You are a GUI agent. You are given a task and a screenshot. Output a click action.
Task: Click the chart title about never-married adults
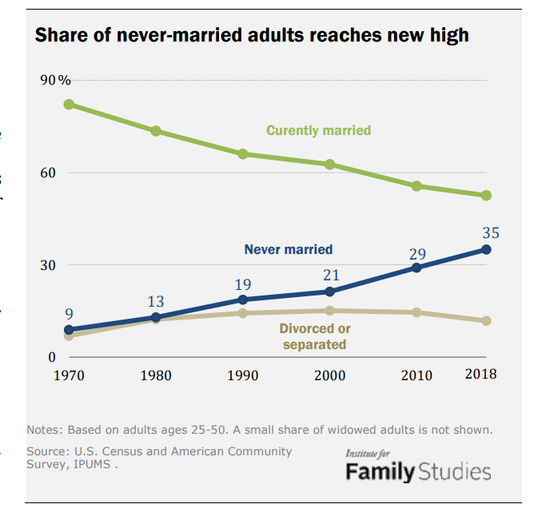(x=251, y=36)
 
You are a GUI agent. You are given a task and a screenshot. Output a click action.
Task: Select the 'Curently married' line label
(x=318, y=130)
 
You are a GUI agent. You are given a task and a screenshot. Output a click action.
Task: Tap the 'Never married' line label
(x=288, y=250)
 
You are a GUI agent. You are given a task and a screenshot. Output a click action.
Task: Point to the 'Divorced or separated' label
(x=314, y=336)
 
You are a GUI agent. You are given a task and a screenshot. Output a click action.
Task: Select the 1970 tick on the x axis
(x=69, y=375)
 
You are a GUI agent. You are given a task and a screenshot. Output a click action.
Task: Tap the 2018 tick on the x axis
(x=480, y=374)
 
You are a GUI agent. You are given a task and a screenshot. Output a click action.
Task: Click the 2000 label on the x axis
(x=329, y=375)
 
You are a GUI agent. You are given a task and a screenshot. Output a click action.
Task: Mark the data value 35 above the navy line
(x=491, y=232)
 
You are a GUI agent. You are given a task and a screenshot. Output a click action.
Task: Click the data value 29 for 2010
(x=417, y=254)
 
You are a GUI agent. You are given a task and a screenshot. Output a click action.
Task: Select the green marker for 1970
(x=69, y=105)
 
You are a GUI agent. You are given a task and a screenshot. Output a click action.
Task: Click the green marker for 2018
(x=486, y=196)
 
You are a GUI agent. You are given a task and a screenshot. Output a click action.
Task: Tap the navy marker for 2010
(x=416, y=268)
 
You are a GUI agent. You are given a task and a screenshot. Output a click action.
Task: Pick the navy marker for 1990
(x=243, y=300)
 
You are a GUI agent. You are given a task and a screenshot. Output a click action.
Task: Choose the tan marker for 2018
(x=486, y=320)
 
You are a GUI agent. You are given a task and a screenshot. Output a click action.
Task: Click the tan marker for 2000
(x=329, y=311)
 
